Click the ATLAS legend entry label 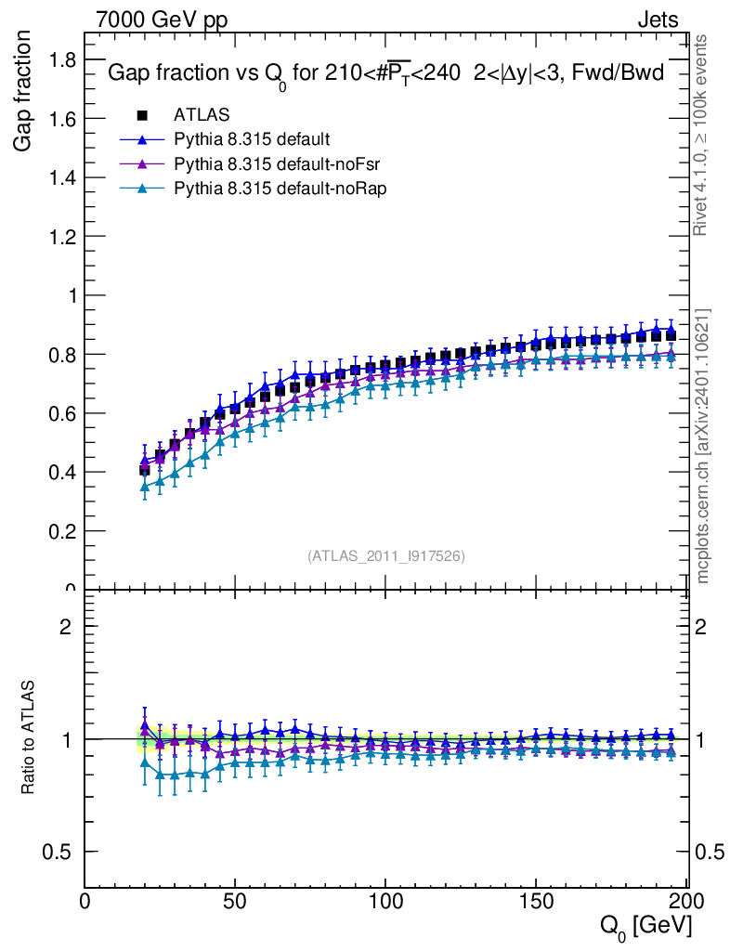(202, 115)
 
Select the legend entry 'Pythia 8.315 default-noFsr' (279, 163)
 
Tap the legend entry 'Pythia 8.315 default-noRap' (280, 188)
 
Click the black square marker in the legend (142, 115)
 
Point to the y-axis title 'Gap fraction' (25, 90)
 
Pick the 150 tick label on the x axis (536, 900)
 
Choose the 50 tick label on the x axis (235, 900)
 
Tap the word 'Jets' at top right (658, 20)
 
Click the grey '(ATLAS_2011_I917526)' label (385, 555)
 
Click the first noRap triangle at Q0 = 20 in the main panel (144, 486)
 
